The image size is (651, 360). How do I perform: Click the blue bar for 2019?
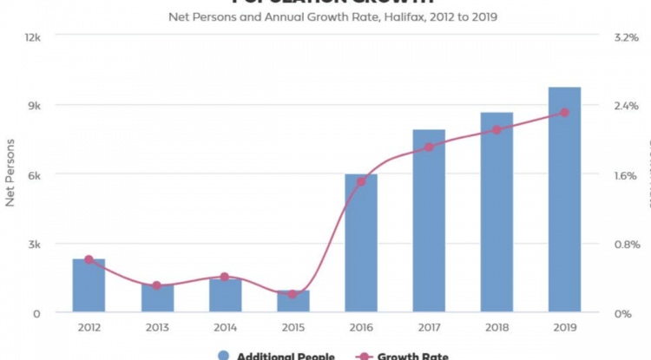[564, 200]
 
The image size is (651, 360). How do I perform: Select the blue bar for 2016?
[361, 243]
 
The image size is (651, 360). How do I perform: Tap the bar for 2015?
[293, 301]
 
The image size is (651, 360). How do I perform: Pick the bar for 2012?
[89, 285]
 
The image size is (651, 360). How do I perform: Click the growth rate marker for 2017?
[429, 147]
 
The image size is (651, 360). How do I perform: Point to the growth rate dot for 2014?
[224, 277]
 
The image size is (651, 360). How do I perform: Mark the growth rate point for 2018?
[496, 130]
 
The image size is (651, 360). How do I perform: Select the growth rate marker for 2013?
[157, 285]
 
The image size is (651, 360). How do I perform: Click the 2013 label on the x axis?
[157, 328]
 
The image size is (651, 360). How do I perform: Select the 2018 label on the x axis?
[496, 328]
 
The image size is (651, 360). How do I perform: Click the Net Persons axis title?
[11, 174]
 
